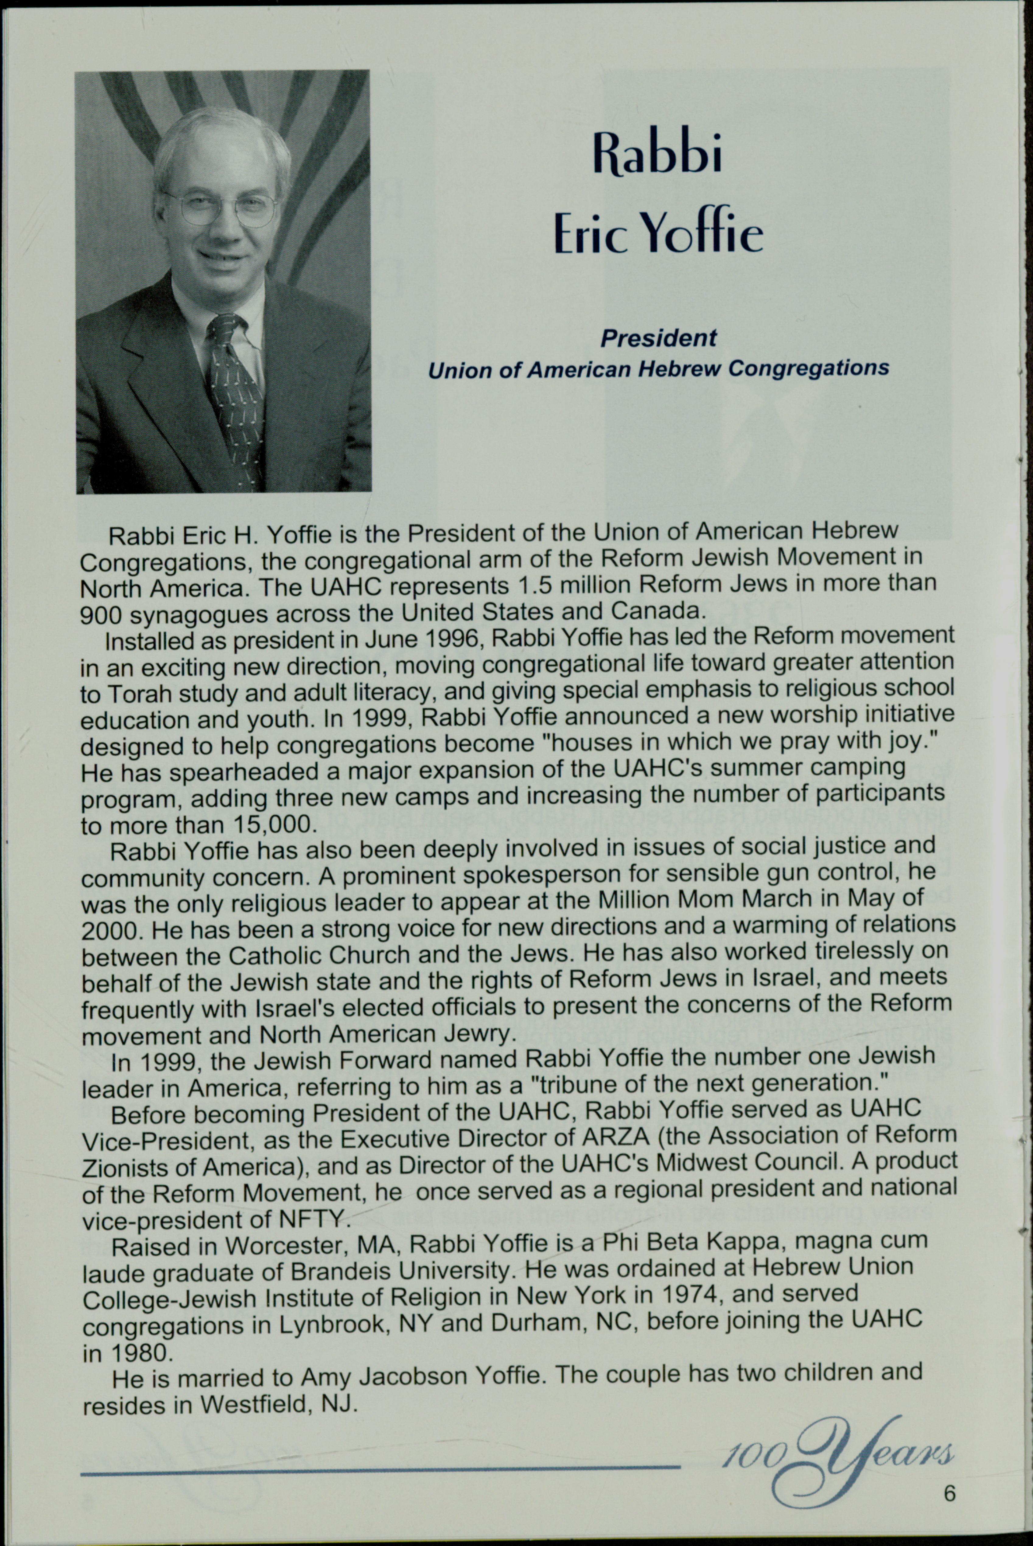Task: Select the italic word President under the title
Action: (x=657, y=338)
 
